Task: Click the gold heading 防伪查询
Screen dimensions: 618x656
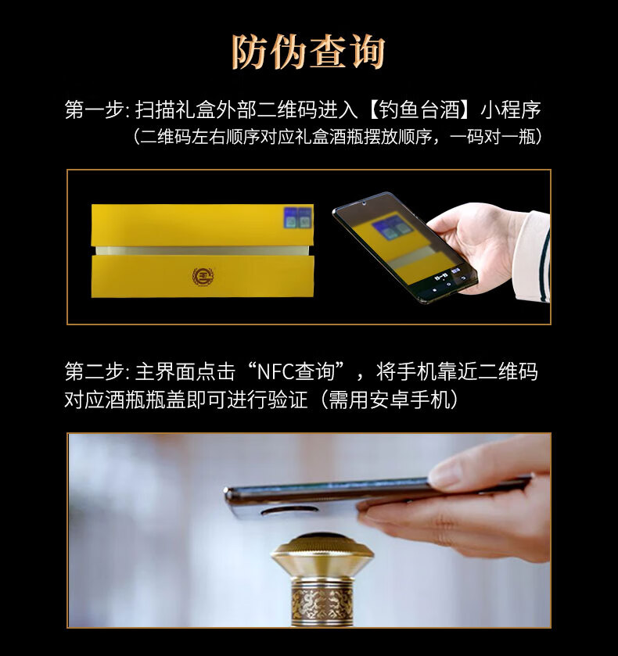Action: click(308, 52)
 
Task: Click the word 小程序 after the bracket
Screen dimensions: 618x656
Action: click(510, 110)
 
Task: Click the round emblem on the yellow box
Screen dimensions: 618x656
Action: click(203, 276)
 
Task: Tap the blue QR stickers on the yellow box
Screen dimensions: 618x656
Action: click(297, 217)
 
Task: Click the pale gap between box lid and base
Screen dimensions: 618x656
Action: click(203, 251)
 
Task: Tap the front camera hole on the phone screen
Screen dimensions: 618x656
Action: click(365, 204)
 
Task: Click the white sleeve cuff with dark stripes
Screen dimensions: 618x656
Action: click(533, 256)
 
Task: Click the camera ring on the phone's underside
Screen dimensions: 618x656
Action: click(288, 511)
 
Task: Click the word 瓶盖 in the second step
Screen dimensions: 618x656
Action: click(165, 400)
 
